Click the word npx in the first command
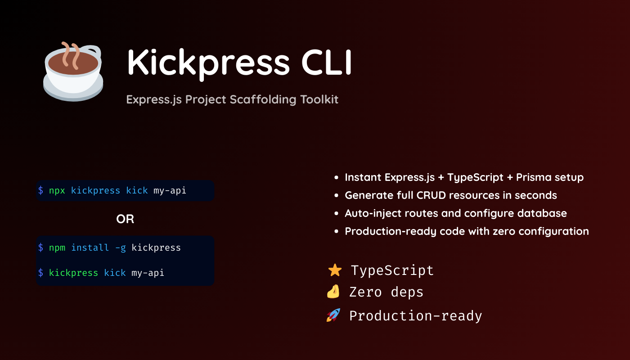[x=57, y=190]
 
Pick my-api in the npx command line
[x=170, y=190]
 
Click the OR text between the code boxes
[x=125, y=219]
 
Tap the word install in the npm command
[x=90, y=247]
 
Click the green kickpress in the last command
[x=73, y=273]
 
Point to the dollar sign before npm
[x=40, y=247]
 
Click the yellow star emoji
[x=335, y=270]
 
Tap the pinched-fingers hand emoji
[x=333, y=292]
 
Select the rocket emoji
[x=333, y=315]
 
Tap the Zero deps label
[x=386, y=292]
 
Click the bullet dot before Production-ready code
[x=337, y=232]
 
